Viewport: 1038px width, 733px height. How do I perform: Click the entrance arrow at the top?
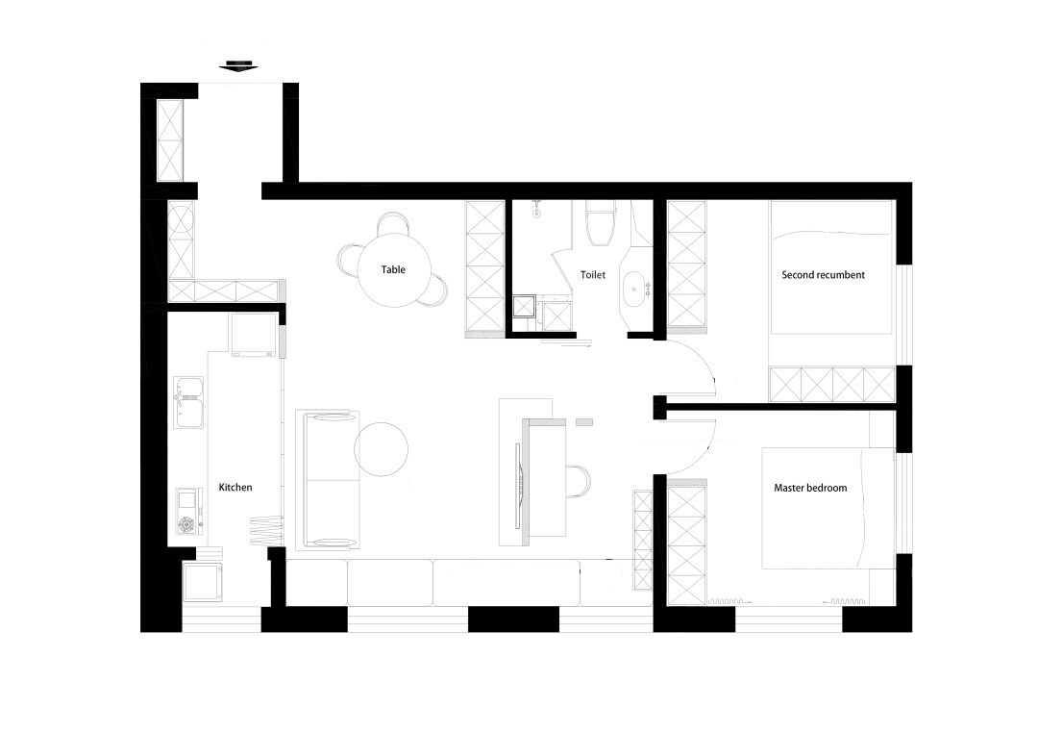pyautogui.click(x=238, y=65)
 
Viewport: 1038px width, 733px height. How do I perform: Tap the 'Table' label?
pyautogui.click(x=393, y=269)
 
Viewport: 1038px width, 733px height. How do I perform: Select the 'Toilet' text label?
pyautogui.click(x=592, y=274)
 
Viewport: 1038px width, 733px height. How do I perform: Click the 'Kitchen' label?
pyautogui.click(x=235, y=487)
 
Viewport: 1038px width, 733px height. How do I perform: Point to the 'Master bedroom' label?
pyautogui.click(x=810, y=488)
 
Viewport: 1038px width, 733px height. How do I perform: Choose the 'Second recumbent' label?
pyautogui.click(x=823, y=274)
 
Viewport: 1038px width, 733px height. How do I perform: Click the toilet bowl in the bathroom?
pyautogui.click(x=601, y=223)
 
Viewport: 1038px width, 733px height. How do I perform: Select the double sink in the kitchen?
pyautogui.click(x=188, y=402)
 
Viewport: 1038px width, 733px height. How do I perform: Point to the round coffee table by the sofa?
pyautogui.click(x=381, y=448)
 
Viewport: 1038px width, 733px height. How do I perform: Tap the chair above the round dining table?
pyautogui.click(x=392, y=224)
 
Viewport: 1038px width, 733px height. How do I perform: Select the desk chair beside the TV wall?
pyautogui.click(x=578, y=481)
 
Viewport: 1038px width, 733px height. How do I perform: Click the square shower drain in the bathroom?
pyautogui.click(x=526, y=307)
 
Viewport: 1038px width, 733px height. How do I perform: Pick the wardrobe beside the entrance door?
pyautogui.click(x=169, y=139)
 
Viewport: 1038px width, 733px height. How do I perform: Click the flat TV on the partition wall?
pyautogui.click(x=520, y=485)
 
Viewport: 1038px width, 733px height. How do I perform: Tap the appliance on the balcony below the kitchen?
pyautogui.click(x=202, y=582)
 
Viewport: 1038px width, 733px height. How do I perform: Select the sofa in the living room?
pyautogui.click(x=328, y=480)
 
